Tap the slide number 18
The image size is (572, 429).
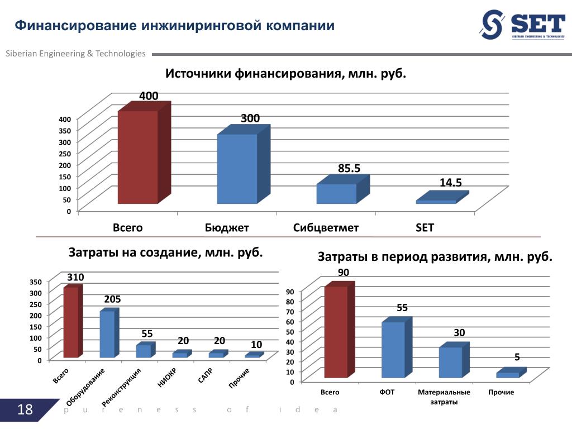[x=25, y=411]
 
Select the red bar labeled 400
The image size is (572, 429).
[x=137, y=157]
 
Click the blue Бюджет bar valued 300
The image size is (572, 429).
[x=237, y=169]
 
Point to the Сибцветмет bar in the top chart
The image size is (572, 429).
[x=336, y=193]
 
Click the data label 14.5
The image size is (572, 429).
[x=451, y=183]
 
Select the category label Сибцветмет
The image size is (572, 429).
[x=326, y=228]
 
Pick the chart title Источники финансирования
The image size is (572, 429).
[x=285, y=74]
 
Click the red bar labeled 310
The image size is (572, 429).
[x=71, y=322]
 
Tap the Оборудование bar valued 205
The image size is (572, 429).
[x=107, y=334]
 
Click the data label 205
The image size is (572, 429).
[x=112, y=299]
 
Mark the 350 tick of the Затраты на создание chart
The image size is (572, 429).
[x=35, y=282]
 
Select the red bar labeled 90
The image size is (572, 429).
[x=336, y=332]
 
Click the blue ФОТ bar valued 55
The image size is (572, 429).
[x=393, y=349]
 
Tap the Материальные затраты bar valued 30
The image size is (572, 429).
[x=450, y=362]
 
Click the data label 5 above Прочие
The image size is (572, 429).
[x=517, y=357]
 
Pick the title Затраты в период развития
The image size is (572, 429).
[x=435, y=257]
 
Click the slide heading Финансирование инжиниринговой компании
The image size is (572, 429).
[x=174, y=26]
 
